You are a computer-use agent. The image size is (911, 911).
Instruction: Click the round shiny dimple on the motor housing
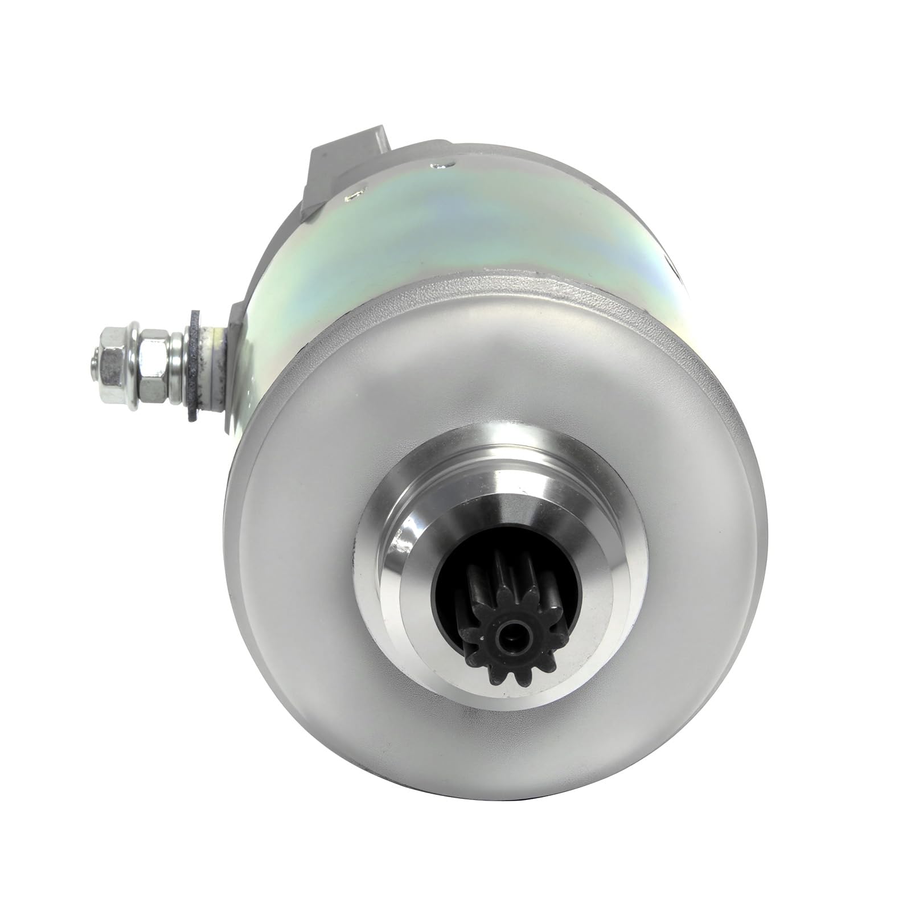(x=439, y=166)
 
